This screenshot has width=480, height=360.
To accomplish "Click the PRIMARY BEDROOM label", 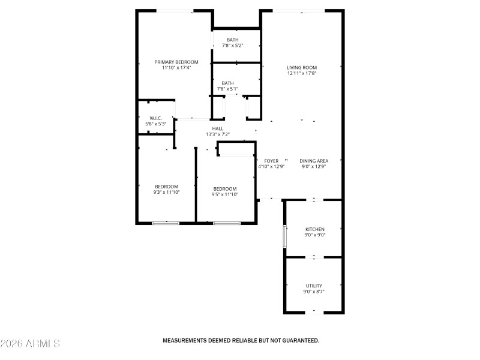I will (176, 62).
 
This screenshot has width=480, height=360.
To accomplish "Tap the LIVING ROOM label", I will (301, 68).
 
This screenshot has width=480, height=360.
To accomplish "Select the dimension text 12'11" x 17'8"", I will (301, 74).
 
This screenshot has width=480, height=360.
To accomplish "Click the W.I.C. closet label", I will (155, 118).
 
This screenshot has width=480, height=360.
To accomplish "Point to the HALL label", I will (217, 128).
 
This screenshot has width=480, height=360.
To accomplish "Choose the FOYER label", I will (271, 161).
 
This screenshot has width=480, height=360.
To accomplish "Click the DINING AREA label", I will (314, 161).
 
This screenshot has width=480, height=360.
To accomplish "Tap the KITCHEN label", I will (315, 230).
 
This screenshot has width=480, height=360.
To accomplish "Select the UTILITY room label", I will (314, 286).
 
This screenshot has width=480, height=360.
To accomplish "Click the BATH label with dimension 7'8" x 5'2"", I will (232, 40).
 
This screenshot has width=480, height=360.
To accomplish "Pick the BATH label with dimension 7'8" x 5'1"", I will (227, 83).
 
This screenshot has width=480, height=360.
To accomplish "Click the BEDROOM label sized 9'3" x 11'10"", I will (166, 187).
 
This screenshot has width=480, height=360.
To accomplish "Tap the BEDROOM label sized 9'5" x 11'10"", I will (225, 188).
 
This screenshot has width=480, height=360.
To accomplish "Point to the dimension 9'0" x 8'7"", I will (314, 292).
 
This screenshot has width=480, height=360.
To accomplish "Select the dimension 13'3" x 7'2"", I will (217, 134).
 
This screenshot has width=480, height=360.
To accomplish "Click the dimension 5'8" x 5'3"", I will (155, 124).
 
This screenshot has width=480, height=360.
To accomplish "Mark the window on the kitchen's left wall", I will (285, 235).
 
